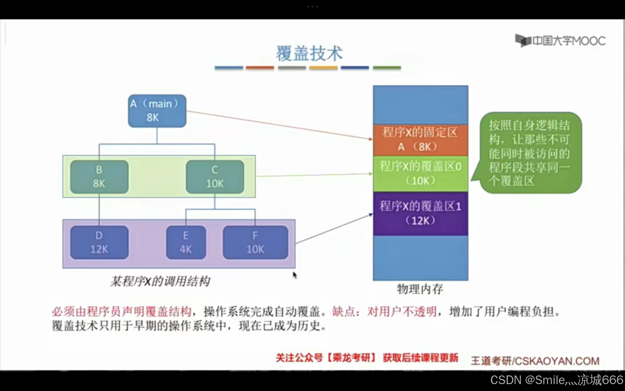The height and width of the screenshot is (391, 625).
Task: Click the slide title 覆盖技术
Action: [309, 54]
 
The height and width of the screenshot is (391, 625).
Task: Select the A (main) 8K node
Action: [157, 111]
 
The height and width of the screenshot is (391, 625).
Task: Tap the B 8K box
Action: [99, 177]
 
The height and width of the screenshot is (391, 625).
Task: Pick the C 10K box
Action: [215, 177]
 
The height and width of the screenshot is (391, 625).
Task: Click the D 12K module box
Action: [99, 242]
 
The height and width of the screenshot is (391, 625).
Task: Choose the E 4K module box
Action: [186, 242]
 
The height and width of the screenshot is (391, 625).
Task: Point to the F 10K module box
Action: [255, 242]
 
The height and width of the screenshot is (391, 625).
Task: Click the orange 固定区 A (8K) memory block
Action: [420, 139]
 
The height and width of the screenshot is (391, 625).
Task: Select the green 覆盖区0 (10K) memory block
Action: [420, 173]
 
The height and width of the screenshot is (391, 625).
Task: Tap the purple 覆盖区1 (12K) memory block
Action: [420, 213]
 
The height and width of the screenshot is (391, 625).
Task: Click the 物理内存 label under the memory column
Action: [420, 289]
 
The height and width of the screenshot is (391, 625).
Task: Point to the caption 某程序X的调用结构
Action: [160, 281]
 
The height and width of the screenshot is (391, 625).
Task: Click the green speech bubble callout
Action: [530, 153]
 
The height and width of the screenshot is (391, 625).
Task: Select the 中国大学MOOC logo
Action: [560, 41]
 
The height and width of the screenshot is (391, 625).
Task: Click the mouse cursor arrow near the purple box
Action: [294, 275]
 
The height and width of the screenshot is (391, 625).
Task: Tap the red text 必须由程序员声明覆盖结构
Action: [122, 311]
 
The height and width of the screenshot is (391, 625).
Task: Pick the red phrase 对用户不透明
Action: [402, 311]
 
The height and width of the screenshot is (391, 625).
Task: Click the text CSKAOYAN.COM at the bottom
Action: [557, 361]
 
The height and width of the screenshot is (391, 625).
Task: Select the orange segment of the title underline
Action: [260, 68]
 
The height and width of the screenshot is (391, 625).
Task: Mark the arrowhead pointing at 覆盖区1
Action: [370, 215]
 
